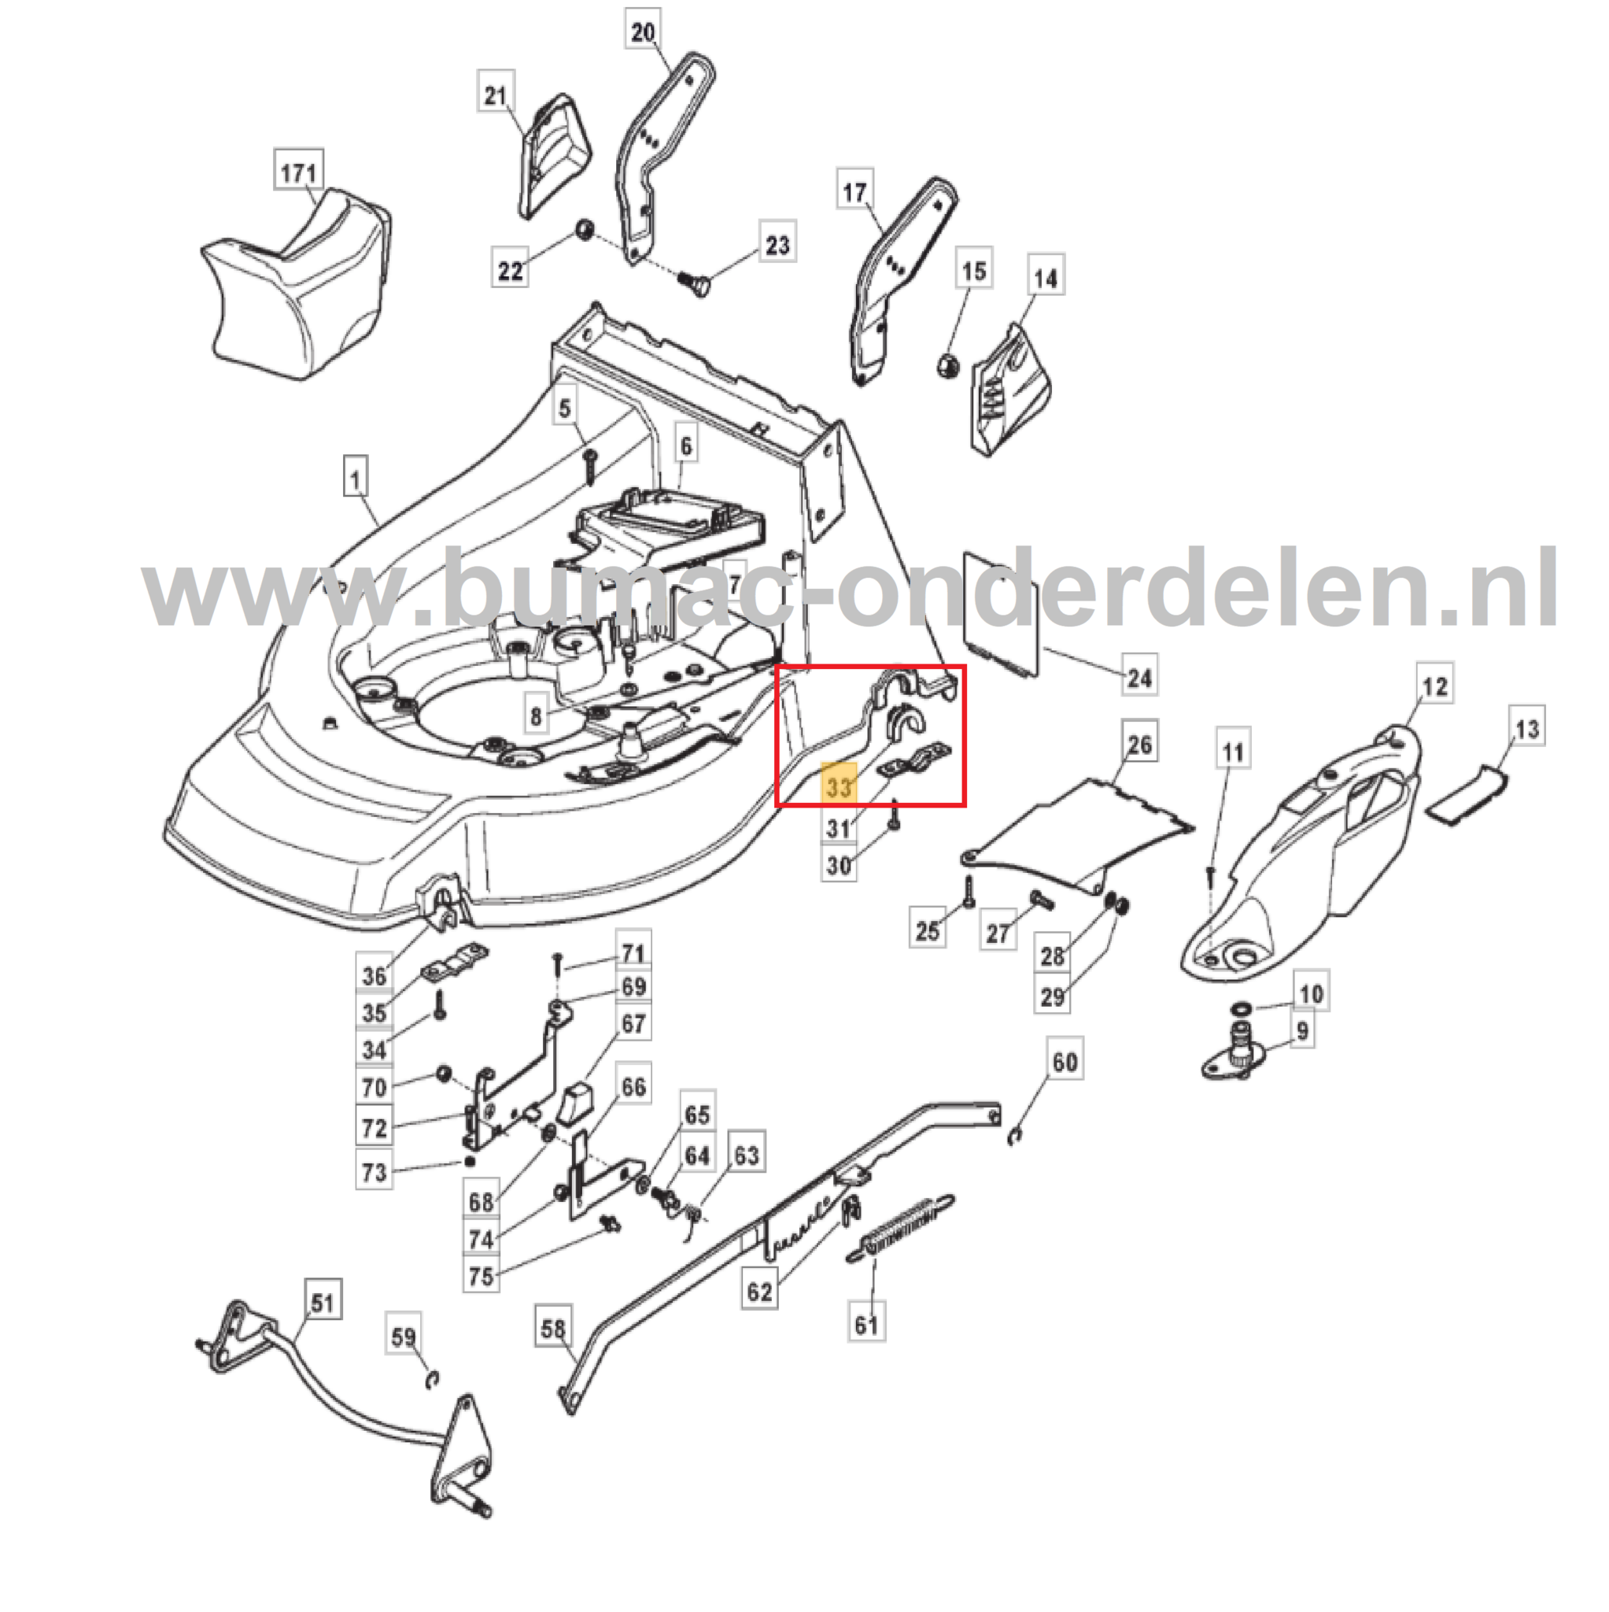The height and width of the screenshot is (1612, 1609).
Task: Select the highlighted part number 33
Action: (x=839, y=786)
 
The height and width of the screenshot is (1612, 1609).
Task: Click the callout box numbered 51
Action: (x=322, y=1303)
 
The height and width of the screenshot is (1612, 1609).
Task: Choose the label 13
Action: (x=1526, y=728)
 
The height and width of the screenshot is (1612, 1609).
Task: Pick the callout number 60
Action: (x=1065, y=1061)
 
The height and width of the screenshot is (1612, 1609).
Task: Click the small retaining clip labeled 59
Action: (x=432, y=1381)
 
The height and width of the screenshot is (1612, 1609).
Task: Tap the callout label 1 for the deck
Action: (x=356, y=480)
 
